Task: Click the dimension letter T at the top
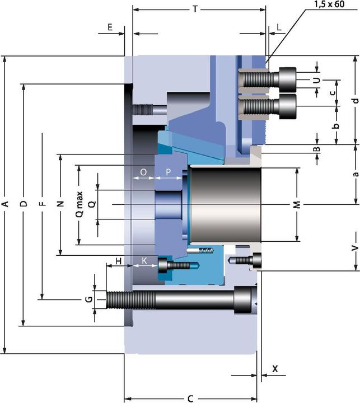(195, 9)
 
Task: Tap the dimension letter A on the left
(5, 205)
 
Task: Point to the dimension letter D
(23, 205)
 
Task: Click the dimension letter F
(41, 205)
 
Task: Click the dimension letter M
(297, 205)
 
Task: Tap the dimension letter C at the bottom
(190, 399)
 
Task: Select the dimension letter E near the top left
(110, 27)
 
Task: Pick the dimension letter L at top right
(279, 27)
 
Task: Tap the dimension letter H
(118, 261)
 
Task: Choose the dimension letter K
(144, 261)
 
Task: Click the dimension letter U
(317, 80)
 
